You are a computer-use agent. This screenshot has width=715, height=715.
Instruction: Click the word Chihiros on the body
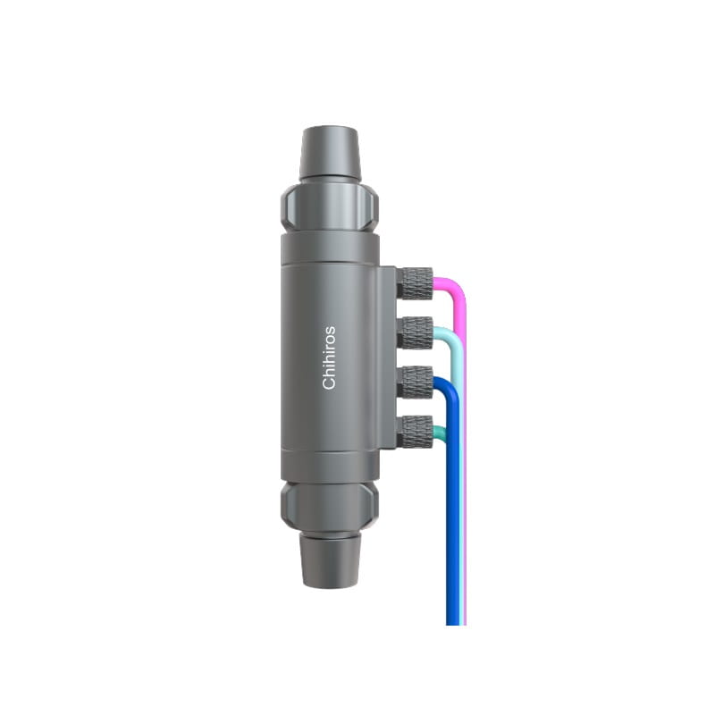[x=329, y=357]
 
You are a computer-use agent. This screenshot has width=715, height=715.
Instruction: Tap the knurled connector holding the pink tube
[x=416, y=283]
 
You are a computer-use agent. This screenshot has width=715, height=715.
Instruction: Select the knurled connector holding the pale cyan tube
[x=416, y=332]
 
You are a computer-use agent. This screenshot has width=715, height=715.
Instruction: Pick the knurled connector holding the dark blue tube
[x=416, y=382]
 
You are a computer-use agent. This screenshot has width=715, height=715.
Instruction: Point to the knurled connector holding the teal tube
[x=416, y=431]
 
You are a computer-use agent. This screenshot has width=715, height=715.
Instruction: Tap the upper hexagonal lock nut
[x=329, y=206]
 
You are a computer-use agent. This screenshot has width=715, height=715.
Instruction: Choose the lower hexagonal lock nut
[x=329, y=505]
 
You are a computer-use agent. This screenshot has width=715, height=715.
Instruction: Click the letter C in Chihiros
[x=329, y=383]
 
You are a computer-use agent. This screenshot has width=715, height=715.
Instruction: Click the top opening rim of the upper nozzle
[x=329, y=130]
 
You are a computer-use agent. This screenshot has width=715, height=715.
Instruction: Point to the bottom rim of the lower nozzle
[x=329, y=585]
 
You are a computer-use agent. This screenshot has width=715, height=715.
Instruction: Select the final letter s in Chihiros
[x=330, y=329]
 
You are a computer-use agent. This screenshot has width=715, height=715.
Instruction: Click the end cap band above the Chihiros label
[x=329, y=249]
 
